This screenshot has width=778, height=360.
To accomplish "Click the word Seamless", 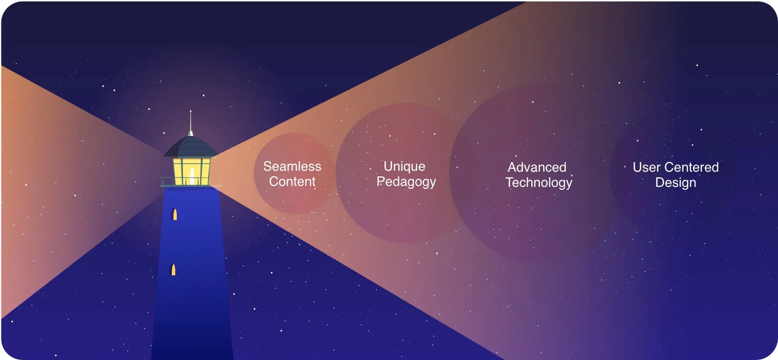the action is (292, 166).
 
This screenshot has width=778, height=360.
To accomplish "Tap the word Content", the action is (292, 181).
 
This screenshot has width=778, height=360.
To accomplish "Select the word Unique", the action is (404, 167).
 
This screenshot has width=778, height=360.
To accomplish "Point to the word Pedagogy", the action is (406, 182).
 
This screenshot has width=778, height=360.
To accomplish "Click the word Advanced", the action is (537, 167).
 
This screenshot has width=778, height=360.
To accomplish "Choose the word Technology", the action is (538, 183).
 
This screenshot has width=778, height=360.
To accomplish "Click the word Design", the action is (675, 183).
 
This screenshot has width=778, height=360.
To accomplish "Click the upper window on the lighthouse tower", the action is (175, 214).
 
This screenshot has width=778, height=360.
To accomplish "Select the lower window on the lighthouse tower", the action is (173, 270).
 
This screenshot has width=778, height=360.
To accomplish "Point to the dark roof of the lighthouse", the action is (190, 146).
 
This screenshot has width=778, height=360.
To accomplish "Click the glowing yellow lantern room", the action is (192, 171).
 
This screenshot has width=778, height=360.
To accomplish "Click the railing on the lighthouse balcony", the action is (191, 181).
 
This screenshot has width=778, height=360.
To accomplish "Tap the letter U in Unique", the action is (388, 166).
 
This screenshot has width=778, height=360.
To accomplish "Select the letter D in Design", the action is (660, 183).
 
